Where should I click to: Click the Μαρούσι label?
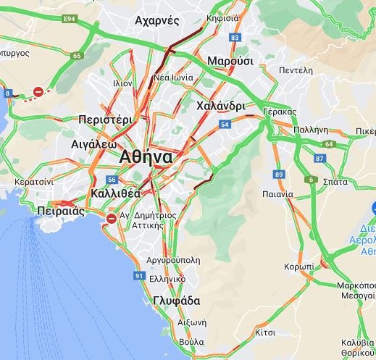tap(230, 61)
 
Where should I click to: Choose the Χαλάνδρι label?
tap(220, 106)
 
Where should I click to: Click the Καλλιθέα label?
tap(116, 194)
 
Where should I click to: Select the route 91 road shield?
tap(139, 275)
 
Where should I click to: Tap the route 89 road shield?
tap(279, 174)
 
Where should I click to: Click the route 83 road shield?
tap(234, 37)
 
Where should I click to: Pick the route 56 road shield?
tap(112, 180)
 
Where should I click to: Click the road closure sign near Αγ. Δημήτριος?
tap(111, 218)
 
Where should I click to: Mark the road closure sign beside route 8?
tap(38, 92)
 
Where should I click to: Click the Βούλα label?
tap(191, 341)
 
